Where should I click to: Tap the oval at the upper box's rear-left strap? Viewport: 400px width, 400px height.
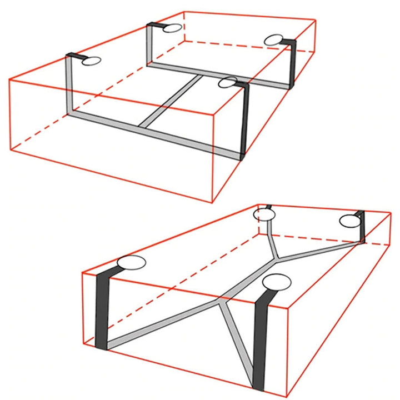pos(172,28)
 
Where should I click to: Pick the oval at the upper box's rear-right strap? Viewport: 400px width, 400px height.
pos(274,39)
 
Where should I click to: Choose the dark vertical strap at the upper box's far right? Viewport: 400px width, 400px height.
pos(291,64)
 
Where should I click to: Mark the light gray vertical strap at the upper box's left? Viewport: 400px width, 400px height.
pos(69,86)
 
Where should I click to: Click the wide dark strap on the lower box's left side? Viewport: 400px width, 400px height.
pos(102,311)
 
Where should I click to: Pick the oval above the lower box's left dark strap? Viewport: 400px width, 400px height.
pos(131,263)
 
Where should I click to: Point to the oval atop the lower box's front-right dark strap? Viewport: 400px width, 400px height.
pos(277,282)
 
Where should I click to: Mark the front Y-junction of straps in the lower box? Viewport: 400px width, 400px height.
pos(221,303)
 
